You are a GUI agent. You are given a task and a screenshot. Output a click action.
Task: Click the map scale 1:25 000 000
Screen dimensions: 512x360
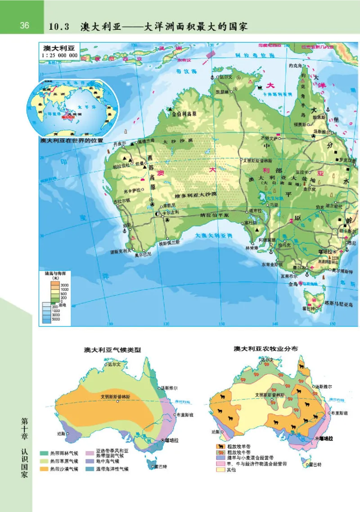pos(59,55)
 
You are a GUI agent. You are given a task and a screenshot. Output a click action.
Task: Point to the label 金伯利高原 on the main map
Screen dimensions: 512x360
pos(184,114)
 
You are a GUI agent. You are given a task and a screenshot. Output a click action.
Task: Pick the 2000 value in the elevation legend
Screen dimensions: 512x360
pos(64,285)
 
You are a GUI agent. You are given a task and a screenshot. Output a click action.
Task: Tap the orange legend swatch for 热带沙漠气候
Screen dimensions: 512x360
pos(44,469)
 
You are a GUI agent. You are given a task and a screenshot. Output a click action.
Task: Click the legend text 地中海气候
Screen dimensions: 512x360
pos(108,461)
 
